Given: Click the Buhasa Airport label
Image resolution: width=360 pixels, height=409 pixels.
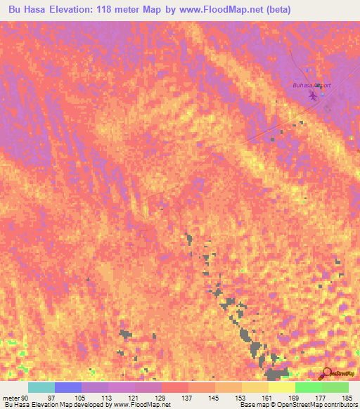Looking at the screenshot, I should (311, 86).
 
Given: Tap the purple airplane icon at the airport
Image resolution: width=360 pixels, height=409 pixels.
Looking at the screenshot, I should (312, 95).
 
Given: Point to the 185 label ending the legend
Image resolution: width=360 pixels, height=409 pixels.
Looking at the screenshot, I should (347, 397).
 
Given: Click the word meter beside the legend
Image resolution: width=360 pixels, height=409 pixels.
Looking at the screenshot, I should (11, 397).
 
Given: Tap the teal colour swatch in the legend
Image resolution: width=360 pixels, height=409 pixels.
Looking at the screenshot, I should (41, 387).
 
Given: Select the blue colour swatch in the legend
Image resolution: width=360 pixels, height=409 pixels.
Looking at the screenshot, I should (67, 387).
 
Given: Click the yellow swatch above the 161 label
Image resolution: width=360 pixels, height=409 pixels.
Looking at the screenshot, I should (255, 387).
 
